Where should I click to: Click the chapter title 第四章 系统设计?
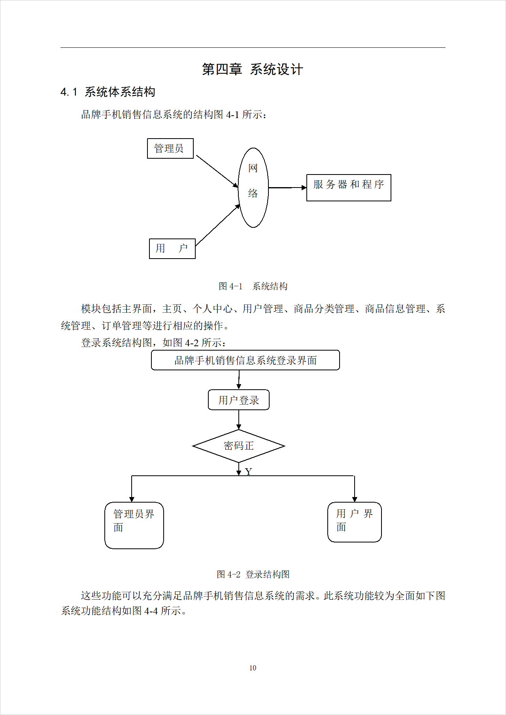(252, 69)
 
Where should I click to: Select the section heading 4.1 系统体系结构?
(108, 92)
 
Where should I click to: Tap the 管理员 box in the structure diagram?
(170, 148)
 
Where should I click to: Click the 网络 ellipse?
(253, 188)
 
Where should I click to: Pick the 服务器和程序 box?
(349, 188)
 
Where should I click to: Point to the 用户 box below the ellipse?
(172, 249)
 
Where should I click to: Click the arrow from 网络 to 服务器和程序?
(287, 188)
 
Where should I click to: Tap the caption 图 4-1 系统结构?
(253, 286)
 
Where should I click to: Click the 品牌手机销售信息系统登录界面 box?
(245, 360)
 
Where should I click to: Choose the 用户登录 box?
(238, 400)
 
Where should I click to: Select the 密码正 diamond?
(238, 446)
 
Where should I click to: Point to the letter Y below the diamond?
(248, 471)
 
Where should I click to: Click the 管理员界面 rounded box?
(134, 525)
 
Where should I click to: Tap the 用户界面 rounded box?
(354, 522)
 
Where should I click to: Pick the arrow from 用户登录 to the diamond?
(238, 420)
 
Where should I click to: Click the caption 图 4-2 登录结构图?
(253, 574)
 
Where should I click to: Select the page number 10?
(253, 668)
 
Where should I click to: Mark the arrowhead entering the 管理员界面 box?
(132, 499)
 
